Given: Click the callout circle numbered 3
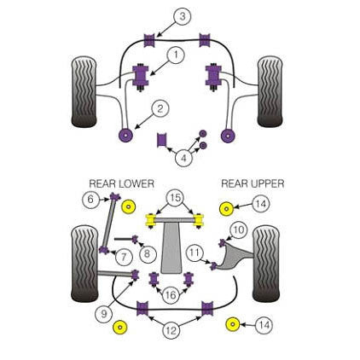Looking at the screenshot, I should click(182, 16).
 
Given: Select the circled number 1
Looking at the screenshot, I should click(176, 55).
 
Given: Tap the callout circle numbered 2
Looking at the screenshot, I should click(160, 108).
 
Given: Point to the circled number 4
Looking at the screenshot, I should click(183, 156).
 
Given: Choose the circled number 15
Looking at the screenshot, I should click(175, 198).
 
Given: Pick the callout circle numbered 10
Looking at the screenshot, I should click(238, 229).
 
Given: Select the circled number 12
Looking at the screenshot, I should click(171, 329).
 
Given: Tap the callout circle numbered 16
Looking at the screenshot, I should click(171, 294).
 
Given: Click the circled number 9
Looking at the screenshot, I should click(105, 313).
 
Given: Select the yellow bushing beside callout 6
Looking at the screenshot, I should click(129, 206).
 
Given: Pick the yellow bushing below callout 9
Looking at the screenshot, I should click(119, 328).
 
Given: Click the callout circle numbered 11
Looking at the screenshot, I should click(195, 252).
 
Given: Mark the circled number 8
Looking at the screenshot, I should click(148, 253).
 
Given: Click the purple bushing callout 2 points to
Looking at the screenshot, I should click(127, 134).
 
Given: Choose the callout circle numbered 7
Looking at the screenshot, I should click(125, 256).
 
